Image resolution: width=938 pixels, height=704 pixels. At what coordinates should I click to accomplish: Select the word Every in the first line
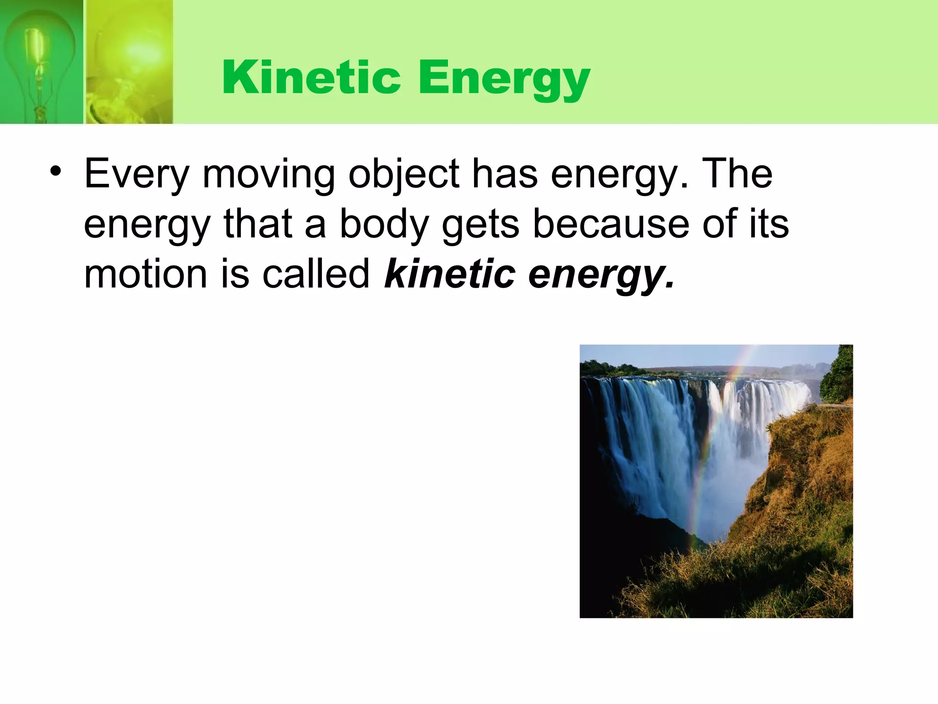click(x=136, y=174)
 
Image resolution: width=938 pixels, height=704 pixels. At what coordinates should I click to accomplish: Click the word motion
click(x=146, y=274)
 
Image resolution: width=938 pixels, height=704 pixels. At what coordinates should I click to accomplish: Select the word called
click(x=316, y=274)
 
